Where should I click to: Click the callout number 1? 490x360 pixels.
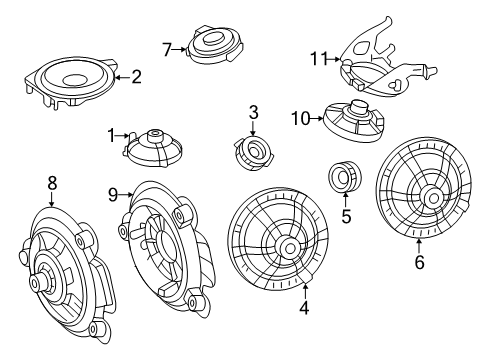(x=111, y=136)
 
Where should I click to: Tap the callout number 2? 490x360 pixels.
(x=136, y=77)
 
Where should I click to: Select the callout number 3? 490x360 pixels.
(x=253, y=112)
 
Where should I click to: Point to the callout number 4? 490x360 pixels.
(x=304, y=308)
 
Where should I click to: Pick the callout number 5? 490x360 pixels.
(x=346, y=216)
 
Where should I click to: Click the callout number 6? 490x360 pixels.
(x=420, y=262)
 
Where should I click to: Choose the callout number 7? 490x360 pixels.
(x=167, y=50)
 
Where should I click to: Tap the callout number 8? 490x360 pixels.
(x=52, y=183)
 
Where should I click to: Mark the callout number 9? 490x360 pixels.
(x=113, y=195)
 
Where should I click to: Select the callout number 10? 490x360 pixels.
(x=301, y=118)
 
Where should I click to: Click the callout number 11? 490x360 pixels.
(x=319, y=59)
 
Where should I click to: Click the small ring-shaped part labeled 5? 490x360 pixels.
(x=345, y=176)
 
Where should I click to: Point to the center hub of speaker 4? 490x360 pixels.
(x=290, y=248)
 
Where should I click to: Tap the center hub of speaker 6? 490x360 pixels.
(x=434, y=198)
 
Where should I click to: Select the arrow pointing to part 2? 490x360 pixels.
(x=122, y=77)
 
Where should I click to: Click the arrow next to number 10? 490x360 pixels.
(x=317, y=118)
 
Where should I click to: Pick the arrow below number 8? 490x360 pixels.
(x=52, y=199)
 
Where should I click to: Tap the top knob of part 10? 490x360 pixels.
(x=359, y=107)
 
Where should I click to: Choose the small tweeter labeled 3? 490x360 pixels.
(x=254, y=152)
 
